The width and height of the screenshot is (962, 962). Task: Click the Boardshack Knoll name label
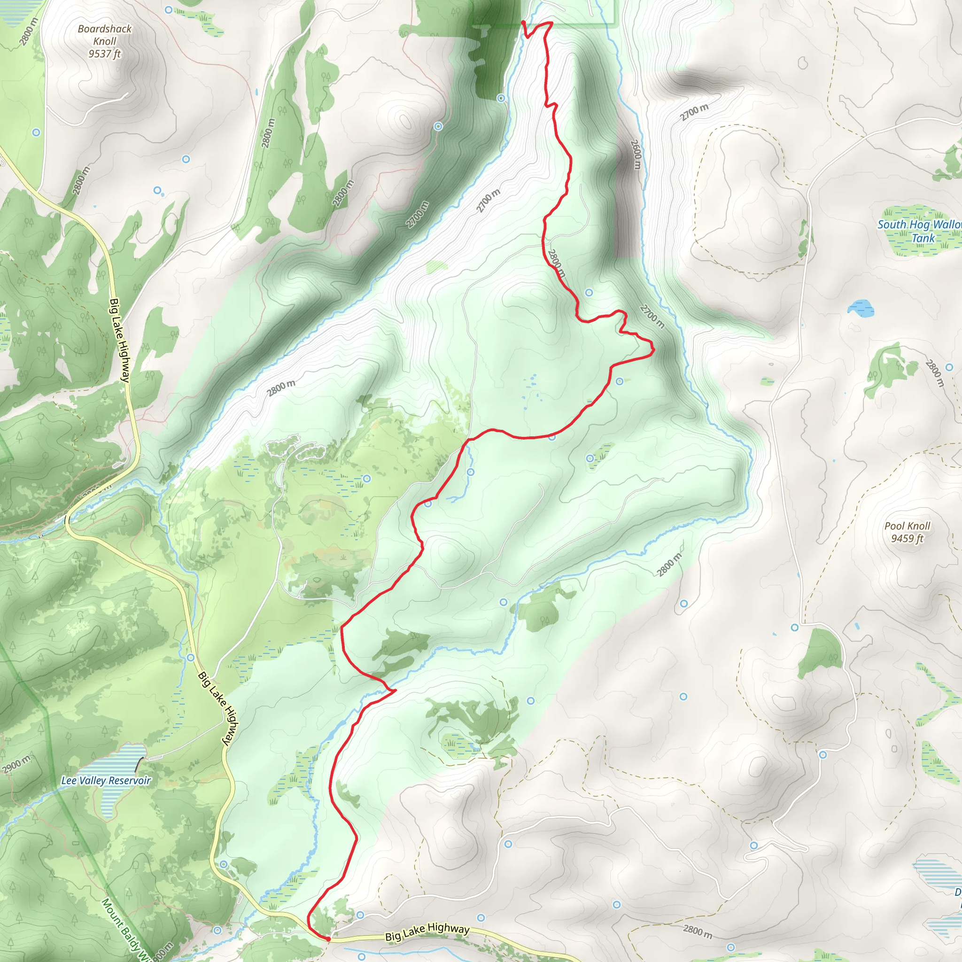coord(105,35)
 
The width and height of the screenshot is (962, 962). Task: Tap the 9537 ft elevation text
coord(105,54)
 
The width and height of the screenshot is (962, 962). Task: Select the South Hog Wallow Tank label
coord(919,231)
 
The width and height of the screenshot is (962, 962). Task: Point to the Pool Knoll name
coord(907,526)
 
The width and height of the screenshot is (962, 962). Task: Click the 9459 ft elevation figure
coord(907,538)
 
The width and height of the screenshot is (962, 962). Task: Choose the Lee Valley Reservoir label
coord(106,780)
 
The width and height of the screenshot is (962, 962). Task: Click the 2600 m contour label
coord(636,154)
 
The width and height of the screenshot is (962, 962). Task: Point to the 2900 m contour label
coord(16,765)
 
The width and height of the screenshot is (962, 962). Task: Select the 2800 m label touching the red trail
coord(557,263)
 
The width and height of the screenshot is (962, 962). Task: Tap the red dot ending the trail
coord(328,939)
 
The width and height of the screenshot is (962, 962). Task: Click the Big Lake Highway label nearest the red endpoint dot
coord(427,931)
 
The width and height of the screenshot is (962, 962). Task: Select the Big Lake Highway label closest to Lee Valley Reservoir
coord(218,708)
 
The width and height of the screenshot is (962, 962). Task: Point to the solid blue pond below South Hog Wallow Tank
coord(861,307)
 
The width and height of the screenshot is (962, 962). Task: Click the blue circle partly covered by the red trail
coord(552,437)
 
